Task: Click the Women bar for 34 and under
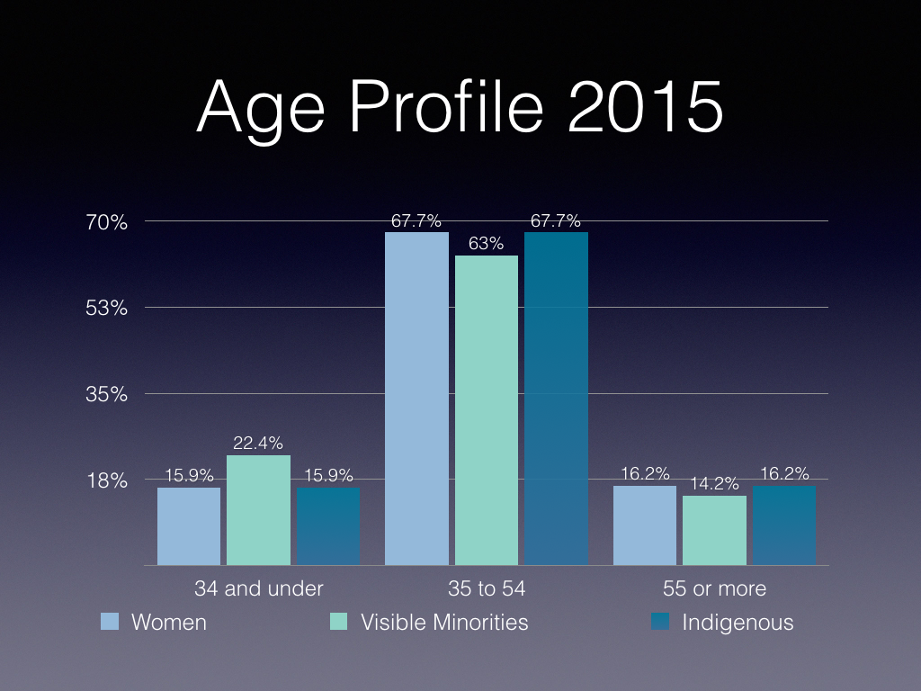click(x=189, y=526)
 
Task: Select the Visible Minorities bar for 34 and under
click(x=258, y=510)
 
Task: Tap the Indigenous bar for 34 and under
click(x=327, y=526)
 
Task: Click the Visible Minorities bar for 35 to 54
click(x=486, y=410)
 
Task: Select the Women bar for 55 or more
click(x=645, y=525)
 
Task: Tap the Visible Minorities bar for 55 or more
click(x=714, y=531)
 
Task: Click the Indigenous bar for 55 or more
click(x=784, y=525)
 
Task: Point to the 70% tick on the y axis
click(x=107, y=222)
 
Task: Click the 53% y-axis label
click(x=107, y=308)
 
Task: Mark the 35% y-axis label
click(x=107, y=394)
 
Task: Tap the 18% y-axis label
click(x=107, y=480)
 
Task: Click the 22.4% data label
click(x=258, y=443)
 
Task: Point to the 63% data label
click(x=487, y=244)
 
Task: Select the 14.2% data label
click(x=714, y=483)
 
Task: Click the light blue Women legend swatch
click(x=110, y=622)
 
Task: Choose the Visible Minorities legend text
click(x=444, y=622)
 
